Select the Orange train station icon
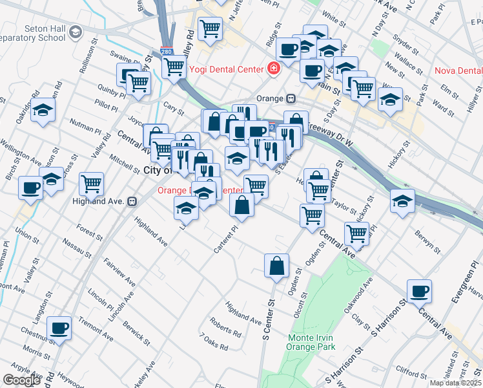[291, 98]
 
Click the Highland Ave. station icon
[132, 201]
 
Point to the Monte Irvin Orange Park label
[312, 342]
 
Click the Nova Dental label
[458, 70]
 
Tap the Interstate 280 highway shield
[166, 50]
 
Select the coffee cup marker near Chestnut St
[59, 327]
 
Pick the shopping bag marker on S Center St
[276, 266]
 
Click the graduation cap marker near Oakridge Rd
[43, 110]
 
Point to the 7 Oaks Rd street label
[214, 342]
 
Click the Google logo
[21, 380]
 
